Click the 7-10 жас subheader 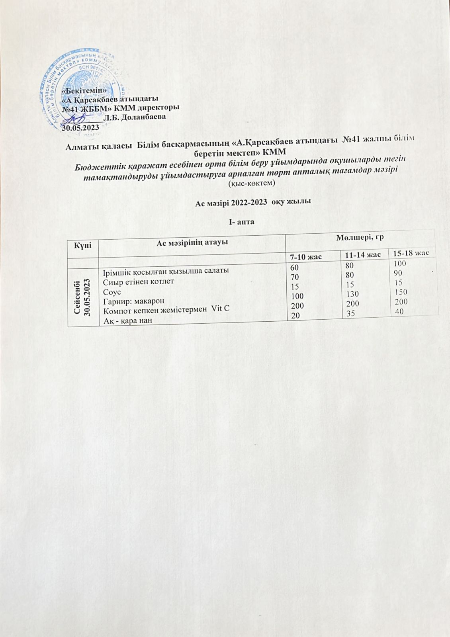306,256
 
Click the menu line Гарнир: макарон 133,301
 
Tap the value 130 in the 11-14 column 352,294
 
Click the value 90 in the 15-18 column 398,273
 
